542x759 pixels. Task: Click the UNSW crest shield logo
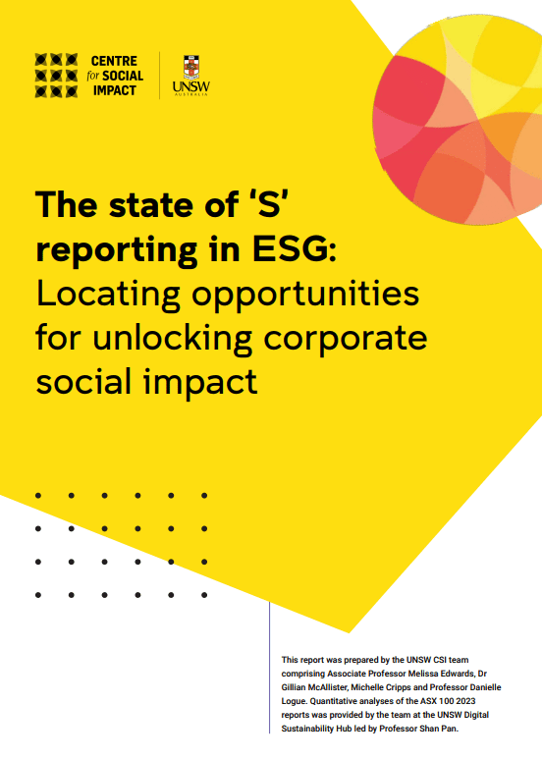[191, 68]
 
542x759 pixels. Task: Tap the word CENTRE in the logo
[114, 61]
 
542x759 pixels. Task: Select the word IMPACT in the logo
[115, 90]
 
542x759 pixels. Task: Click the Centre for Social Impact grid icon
[56, 75]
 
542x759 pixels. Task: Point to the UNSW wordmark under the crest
[191, 87]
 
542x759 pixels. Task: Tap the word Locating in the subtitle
[108, 296]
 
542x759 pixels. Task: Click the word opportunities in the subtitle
[305, 296]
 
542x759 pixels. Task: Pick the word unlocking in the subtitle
[172, 340]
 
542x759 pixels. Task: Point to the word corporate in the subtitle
[346, 339]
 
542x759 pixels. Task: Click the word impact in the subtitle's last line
[200, 383]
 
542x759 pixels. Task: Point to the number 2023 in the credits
[465, 701]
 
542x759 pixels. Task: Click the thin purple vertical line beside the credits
[270, 668]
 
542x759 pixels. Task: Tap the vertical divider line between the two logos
[160, 76]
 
